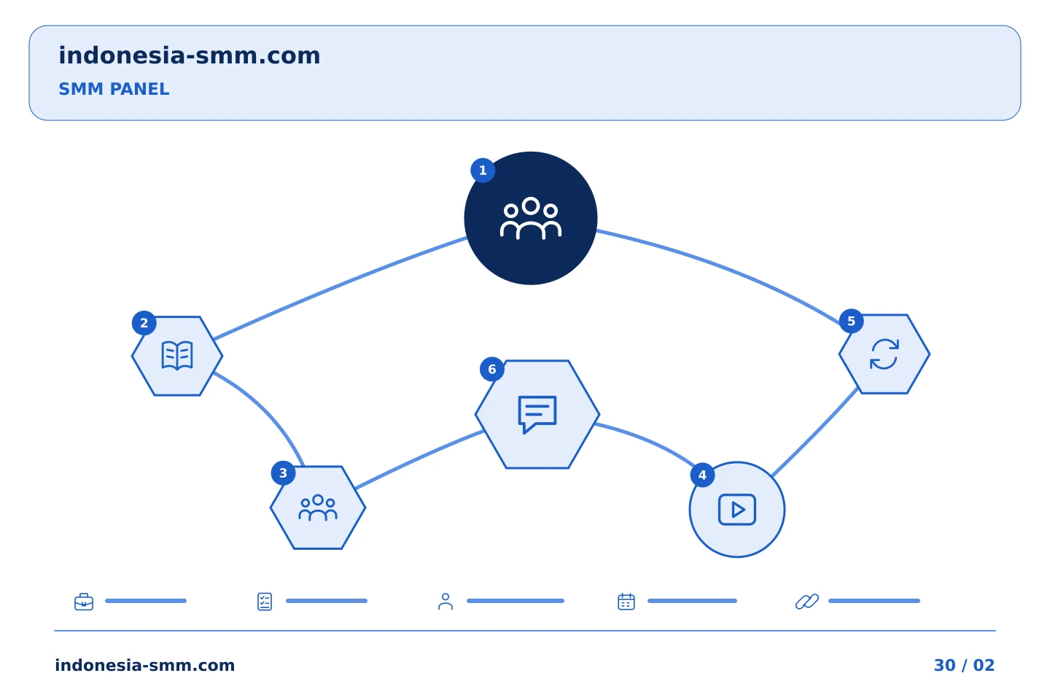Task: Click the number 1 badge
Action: pos(483,170)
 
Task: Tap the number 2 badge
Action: pos(144,323)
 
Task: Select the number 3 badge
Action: pos(283,473)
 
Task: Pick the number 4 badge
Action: pos(702,475)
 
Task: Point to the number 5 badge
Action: pos(851,321)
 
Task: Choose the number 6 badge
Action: pos(491,370)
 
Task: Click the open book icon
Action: pos(177,356)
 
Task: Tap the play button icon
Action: pos(737,510)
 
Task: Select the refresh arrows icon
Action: pos(884,354)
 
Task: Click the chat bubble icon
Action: pos(537,414)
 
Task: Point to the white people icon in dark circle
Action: pos(531,219)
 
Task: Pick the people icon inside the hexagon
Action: pos(318,507)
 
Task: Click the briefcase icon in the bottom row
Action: pos(84,602)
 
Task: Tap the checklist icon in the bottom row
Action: pos(265,602)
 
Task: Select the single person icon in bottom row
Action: pos(446,602)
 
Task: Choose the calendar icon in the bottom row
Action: pos(626,602)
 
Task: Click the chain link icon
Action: pos(807,602)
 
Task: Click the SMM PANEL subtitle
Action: pos(114,89)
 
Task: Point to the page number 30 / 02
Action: pos(964,665)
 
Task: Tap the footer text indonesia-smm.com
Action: pos(145,665)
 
